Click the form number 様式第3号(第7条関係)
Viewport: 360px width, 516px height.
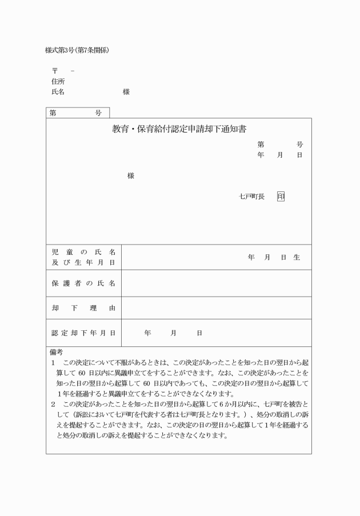(x=77, y=50)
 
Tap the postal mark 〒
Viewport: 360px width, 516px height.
(x=55, y=71)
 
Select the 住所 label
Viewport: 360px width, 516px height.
(x=58, y=81)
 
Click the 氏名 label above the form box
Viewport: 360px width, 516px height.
(x=58, y=91)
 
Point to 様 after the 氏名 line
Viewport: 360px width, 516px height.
(x=126, y=91)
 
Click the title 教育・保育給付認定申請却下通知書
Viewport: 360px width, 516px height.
(x=179, y=129)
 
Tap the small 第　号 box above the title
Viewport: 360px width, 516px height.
(x=77, y=113)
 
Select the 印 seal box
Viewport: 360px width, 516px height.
(x=281, y=196)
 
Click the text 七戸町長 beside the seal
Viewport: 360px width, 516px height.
(x=251, y=196)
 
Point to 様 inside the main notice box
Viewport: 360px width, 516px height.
(x=130, y=176)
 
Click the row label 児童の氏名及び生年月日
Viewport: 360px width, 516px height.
(x=83, y=257)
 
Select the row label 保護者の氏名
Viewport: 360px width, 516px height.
(x=83, y=283)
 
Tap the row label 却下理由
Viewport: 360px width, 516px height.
(x=83, y=308)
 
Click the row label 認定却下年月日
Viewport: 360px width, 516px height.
(x=83, y=333)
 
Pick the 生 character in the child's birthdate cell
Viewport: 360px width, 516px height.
(x=297, y=257)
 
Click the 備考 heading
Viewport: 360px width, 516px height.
(x=56, y=352)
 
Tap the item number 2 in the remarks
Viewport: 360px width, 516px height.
(x=53, y=403)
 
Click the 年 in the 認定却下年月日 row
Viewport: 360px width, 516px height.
(x=147, y=333)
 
